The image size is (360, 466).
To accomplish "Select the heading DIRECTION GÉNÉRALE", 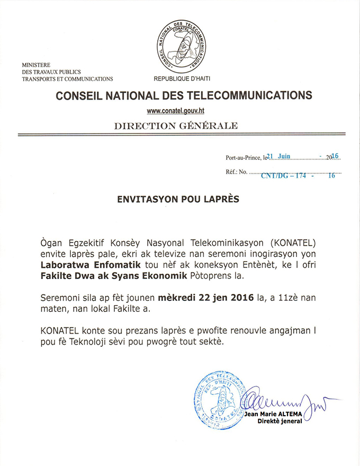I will click(176, 126).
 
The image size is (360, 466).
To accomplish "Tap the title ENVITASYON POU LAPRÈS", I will click(178, 200).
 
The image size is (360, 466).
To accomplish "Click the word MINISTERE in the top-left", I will click(36, 64).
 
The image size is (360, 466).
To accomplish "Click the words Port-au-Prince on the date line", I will click(242, 158).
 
